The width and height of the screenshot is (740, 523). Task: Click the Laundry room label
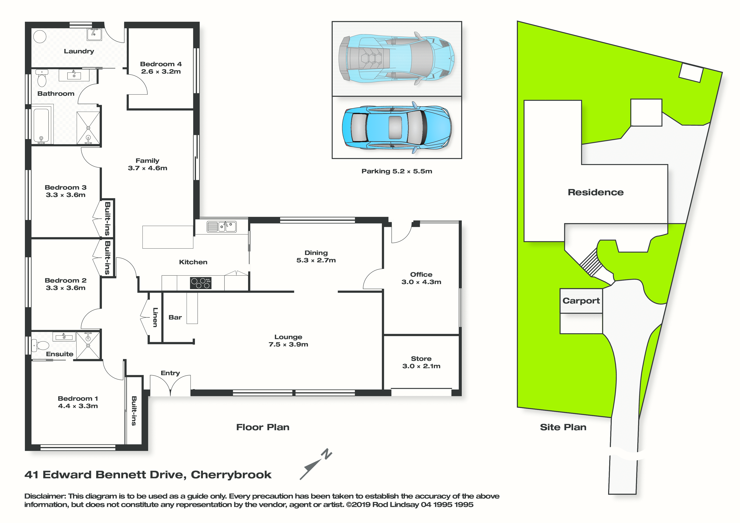pos(79,51)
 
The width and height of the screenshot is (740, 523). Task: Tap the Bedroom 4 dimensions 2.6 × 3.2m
pos(161,71)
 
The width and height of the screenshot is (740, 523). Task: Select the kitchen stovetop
pos(200,283)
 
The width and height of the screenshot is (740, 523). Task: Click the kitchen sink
pos(221,226)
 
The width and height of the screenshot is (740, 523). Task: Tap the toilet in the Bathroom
pos(42,78)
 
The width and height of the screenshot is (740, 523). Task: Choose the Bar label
pos(175,317)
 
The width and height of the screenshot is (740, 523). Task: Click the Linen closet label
pos(155,317)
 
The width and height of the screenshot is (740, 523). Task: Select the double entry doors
pos(170,385)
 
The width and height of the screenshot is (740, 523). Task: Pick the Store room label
pos(421,359)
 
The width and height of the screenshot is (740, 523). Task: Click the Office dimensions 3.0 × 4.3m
pos(421,282)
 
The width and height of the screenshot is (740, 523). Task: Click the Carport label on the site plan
pos(581,301)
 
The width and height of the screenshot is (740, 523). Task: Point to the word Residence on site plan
pos(596,192)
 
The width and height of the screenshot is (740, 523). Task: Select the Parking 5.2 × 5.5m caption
pos(397,171)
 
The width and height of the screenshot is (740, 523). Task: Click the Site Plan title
pos(563,427)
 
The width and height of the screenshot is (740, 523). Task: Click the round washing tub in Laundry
pos(40,36)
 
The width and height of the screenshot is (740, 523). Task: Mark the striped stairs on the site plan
pos(591,262)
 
